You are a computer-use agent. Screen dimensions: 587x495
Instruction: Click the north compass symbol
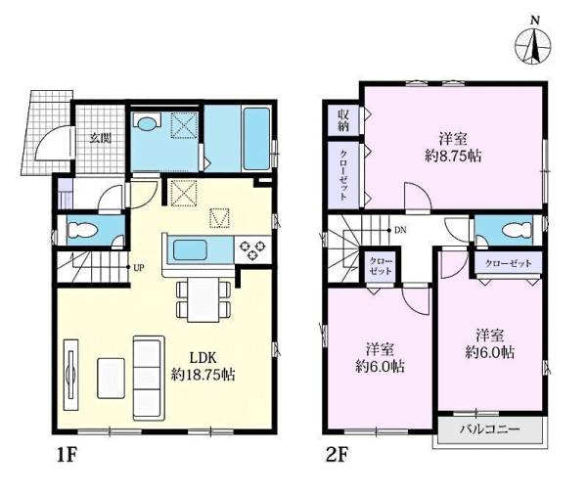tap(533, 44)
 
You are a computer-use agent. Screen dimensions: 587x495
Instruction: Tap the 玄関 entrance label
tap(100, 139)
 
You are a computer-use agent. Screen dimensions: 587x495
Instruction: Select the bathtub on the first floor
tap(256, 139)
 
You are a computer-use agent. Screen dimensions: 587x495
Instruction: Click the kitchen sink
tap(190, 251)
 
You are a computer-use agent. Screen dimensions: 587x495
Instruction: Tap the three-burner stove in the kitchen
tap(252, 249)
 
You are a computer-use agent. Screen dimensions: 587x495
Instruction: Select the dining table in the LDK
tap(203, 300)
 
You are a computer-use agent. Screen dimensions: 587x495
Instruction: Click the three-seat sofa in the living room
tap(149, 379)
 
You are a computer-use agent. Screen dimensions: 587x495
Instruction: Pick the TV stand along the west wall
tap(70, 375)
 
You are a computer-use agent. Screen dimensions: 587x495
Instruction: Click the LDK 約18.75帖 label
tap(203, 366)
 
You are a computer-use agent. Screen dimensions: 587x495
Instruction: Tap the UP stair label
tap(139, 268)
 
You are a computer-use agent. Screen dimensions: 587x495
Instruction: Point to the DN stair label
tap(400, 230)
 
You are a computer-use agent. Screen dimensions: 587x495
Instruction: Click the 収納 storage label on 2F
tap(343, 120)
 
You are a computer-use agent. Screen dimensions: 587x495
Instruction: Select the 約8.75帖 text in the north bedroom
tap(453, 156)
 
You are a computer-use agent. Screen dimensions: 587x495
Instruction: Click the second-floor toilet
tap(517, 230)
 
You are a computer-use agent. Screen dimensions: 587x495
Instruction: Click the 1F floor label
tap(67, 455)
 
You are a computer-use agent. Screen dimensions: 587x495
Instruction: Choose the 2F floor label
tap(338, 455)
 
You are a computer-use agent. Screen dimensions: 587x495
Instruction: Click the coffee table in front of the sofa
tap(111, 379)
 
